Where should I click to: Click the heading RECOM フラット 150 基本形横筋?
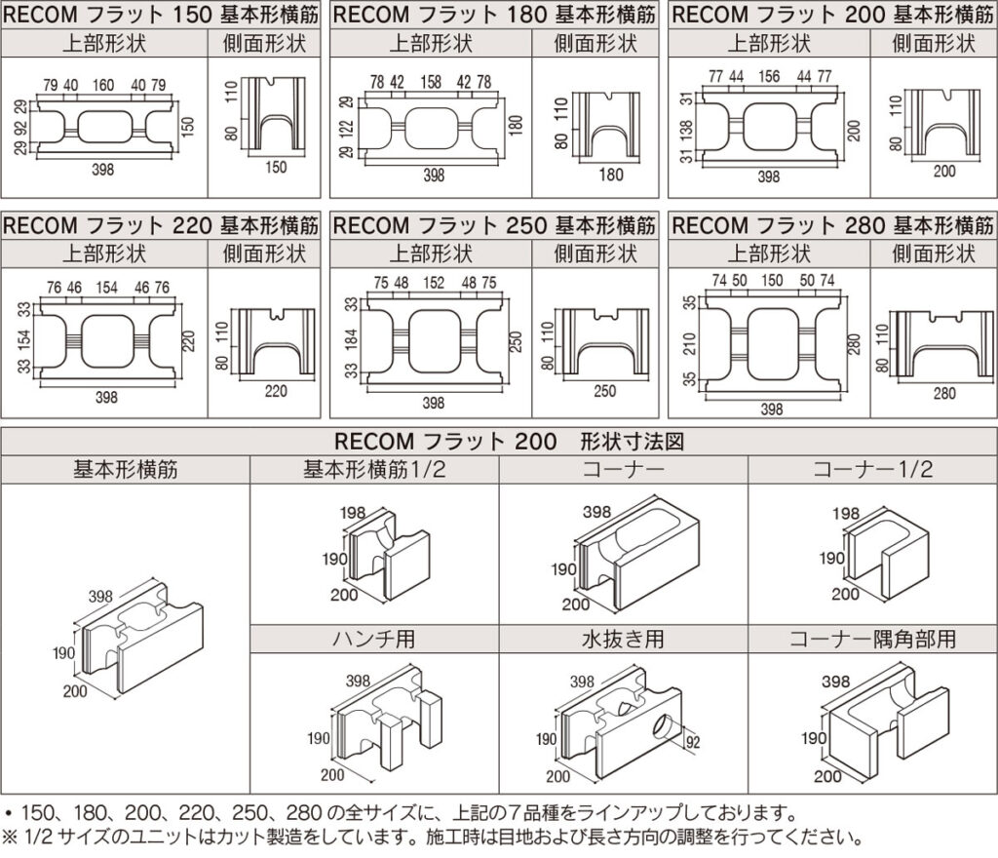(x=164, y=15)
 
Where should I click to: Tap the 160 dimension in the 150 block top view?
(x=102, y=85)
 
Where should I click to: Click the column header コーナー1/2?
(x=872, y=469)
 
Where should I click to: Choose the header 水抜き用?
(x=623, y=640)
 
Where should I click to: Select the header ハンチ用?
(x=374, y=640)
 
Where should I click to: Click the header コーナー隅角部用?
(x=872, y=640)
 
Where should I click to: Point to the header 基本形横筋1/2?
(x=374, y=469)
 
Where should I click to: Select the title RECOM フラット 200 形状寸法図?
(x=498, y=441)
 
